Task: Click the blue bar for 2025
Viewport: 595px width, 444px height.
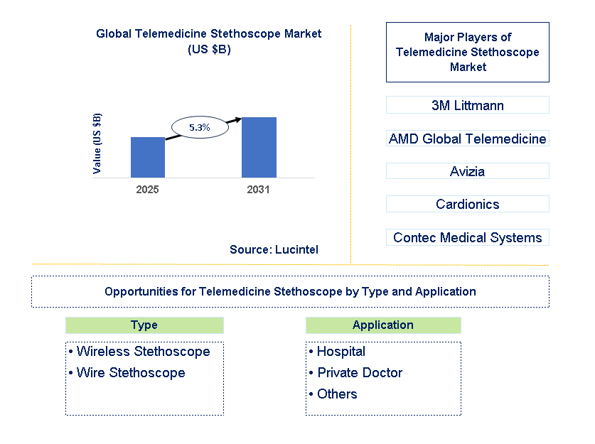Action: [148, 157]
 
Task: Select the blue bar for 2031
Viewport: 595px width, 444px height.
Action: [259, 147]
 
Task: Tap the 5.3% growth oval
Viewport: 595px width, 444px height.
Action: [199, 127]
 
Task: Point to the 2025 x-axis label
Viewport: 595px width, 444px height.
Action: [148, 190]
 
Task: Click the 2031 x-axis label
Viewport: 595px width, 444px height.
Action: [258, 190]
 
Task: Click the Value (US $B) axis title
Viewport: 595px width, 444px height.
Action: [97, 144]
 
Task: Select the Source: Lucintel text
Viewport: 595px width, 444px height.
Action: [274, 249]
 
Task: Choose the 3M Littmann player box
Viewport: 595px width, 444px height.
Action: [467, 105]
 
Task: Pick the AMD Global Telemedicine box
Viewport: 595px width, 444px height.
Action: [467, 139]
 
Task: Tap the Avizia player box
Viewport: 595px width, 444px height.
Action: [467, 171]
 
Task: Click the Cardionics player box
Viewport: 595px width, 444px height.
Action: [467, 205]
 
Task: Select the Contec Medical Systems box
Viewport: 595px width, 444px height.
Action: [467, 237]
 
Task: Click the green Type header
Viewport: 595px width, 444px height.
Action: [144, 325]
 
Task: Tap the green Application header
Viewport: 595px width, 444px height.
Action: [383, 325]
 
